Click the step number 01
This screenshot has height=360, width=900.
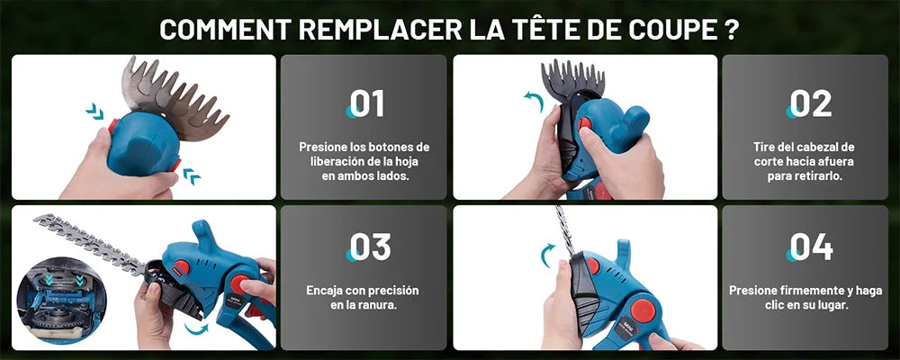pyautogui.click(x=366, y=103)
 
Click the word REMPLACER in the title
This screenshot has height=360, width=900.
pyautogui.click(x=381, y=31)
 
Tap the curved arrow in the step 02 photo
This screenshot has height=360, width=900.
pyautogui.click(x=534, y=101)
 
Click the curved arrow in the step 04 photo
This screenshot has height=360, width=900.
pyautogui.click(x=547, y=255)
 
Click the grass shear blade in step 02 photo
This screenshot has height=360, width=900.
pyautogui.click(x=572, y=77)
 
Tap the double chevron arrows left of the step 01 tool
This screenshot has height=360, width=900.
pyautogui.click(x=94, y=111)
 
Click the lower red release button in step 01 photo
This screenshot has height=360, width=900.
pyautogui.click(x=175, y=165)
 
